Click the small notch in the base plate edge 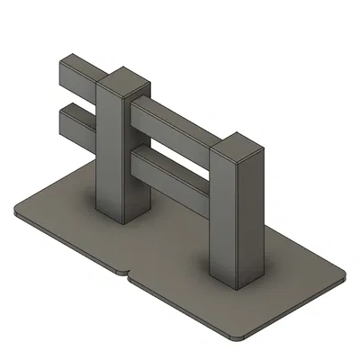pyautogui.click(x=127, y=273)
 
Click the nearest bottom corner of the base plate pyautogui.click(x=234, y=337)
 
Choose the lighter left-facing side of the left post pyautogui.click(x=108, y=153)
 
